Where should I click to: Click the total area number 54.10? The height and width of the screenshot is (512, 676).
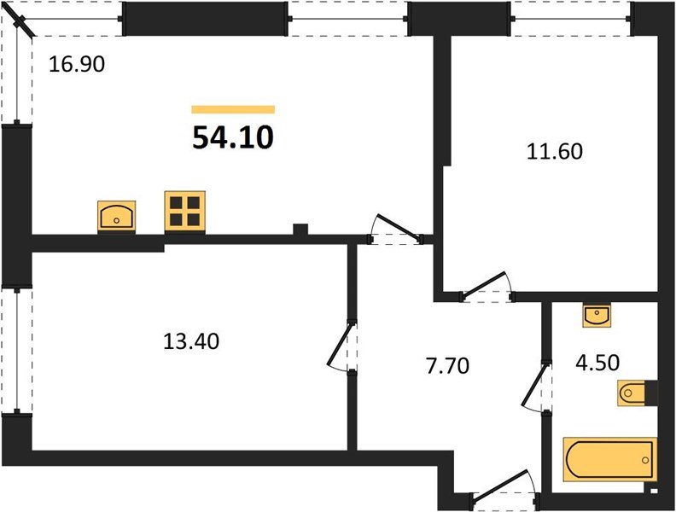point(232,137)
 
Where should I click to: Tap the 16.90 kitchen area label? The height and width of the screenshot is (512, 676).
point(76,64)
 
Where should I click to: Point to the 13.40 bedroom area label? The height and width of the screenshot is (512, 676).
point(191,341)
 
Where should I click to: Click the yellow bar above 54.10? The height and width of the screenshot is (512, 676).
point(233,109)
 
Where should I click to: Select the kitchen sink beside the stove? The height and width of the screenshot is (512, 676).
point(117,216)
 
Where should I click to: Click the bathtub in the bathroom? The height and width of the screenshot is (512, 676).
point(609,460)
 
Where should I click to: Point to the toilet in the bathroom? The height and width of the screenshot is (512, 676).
point(635,394)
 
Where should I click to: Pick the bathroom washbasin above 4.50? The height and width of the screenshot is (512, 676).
point(595,316)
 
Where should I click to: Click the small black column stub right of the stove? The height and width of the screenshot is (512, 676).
point(300,229)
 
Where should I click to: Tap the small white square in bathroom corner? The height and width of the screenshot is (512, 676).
point(652,491)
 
